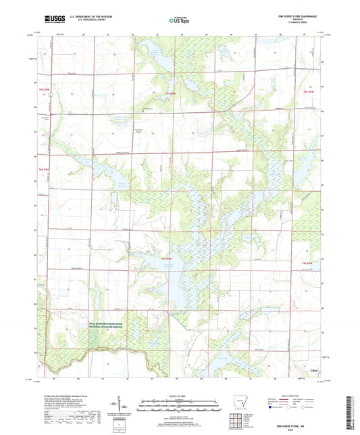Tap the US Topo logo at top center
[178, 20]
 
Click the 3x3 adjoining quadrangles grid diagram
[236, 421]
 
